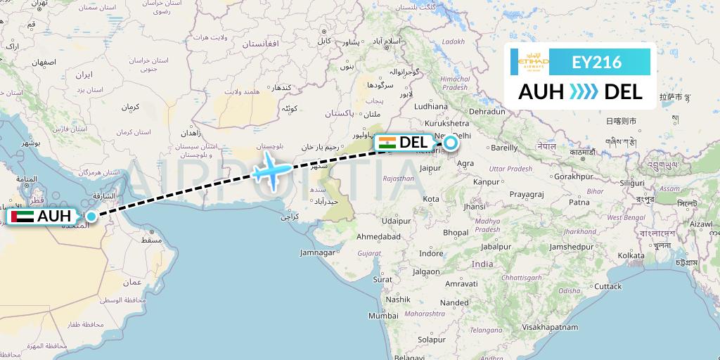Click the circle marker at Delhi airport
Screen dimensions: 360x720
[449, 143]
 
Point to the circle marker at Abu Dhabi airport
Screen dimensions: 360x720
[91, 216]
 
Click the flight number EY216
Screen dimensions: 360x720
[596, 62]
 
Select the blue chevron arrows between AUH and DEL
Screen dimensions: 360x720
[583, 91]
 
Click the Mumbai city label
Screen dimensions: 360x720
[383, 316]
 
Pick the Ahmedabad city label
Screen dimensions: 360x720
[378, 236]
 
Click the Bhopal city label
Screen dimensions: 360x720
[456, 232]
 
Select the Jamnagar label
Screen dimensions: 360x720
[317, 252]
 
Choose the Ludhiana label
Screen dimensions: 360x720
[430, 106]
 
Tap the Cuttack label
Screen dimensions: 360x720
[607, 286]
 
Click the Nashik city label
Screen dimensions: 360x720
[397, 299]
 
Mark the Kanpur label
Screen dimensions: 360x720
[485, 183]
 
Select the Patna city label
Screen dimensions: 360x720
[579, 202]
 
